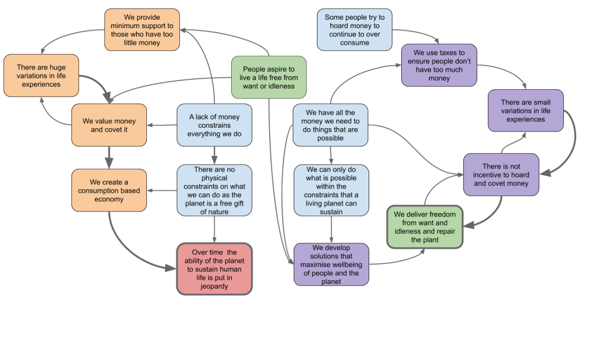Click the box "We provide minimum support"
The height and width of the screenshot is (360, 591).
[x=142, y=30]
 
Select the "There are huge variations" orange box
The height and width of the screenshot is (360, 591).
[x=41, y=75]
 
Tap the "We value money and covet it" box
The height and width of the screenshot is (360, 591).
[x=109, y=125]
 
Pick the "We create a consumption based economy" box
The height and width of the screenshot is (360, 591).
[x=109, y=190]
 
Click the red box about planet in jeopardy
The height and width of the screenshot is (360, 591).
[x=214, y=269]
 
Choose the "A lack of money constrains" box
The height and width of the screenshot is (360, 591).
[x=214, y=125]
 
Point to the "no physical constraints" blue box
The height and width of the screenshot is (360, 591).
[x=214, y=190]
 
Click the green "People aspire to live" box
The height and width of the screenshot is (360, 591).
[x=269, y=77]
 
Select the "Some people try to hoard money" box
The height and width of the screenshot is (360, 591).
[x=354, y=30]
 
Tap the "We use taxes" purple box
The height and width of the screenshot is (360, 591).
[x=439, y=65]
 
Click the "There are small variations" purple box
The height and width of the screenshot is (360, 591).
[x=525, y=110]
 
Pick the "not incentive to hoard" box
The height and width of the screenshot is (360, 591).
[x=501, y=175]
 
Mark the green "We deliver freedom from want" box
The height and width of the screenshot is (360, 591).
[x=425, y=227]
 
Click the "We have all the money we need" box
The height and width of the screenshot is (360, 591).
[x=331, y=125]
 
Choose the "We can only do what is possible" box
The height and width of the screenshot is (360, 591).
[x=331, y=190]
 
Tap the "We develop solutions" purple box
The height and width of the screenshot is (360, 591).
[x=331, y=264]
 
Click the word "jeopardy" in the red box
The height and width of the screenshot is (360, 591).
[x=214, y=287]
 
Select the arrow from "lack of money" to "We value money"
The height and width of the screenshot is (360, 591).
[x=162, y=125]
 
